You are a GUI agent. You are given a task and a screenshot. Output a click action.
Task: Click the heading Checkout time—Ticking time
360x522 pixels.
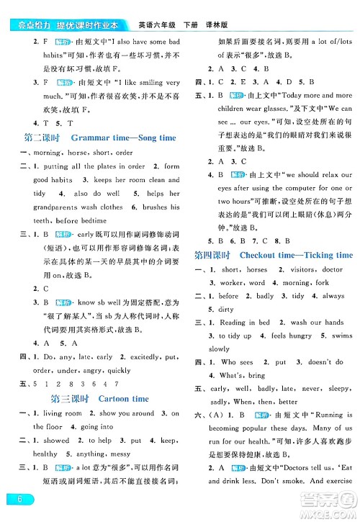tap(296, 255)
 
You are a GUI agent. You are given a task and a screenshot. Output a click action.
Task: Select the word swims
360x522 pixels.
tap(339, 336)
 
